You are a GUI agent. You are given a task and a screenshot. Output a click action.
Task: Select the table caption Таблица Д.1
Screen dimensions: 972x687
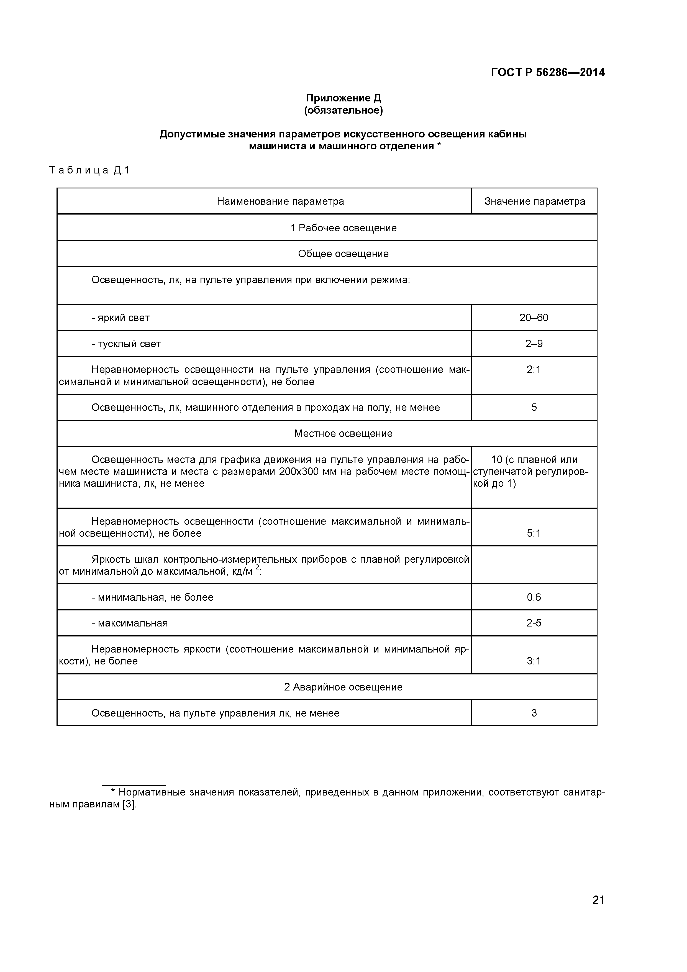[89, 170]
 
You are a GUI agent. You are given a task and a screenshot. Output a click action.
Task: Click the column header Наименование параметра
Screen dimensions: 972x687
[280, 201]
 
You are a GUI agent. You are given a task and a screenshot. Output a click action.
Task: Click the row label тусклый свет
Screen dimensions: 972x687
[129, 344]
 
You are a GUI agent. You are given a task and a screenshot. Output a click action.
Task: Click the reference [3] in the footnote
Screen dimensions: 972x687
[129, 805]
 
